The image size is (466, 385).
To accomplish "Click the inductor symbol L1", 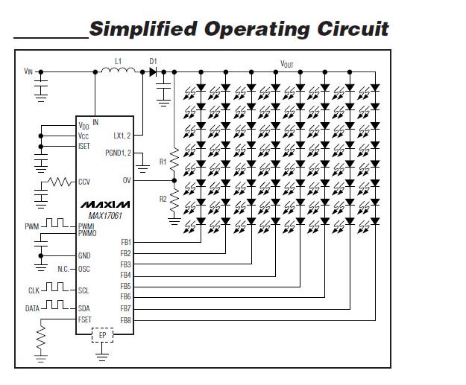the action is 118,70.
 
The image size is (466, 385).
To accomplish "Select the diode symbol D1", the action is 153,71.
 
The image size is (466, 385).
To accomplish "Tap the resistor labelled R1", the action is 174,159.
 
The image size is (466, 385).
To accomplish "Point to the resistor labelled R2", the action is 174,200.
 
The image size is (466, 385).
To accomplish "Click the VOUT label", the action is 287,64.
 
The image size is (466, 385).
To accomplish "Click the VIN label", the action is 28,71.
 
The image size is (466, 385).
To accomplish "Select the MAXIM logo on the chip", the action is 105,205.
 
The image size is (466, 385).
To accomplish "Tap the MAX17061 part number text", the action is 105,216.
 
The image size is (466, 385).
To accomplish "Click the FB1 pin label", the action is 126,242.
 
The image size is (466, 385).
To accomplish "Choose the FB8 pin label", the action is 125,321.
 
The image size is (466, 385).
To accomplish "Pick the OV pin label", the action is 127,180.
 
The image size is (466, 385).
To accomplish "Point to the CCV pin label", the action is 84,182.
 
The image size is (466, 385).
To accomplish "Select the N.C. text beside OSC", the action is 63,269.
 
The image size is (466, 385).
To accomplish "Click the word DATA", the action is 32,309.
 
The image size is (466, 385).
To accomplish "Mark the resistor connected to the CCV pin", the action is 60,182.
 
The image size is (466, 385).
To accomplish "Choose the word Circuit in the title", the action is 353,29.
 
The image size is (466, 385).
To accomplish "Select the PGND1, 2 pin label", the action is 118,153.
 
